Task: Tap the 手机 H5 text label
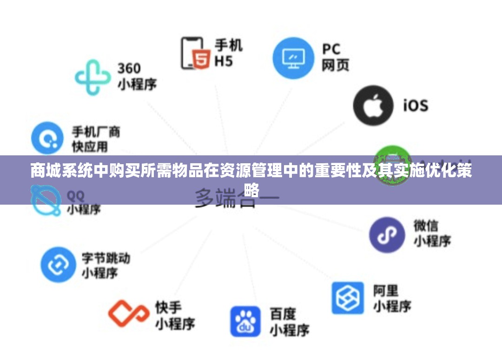(x=228, y=53)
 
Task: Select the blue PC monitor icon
(x=293, y=58)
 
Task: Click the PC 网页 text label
(x=335, y=58)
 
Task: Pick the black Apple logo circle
(x=372, y=105)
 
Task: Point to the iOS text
(x=415, y=105)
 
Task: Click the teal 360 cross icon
(x=93, y=77)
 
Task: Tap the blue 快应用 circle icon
(x=47, y=138)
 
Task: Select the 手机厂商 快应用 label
(x=96, y=139)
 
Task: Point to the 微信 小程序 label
(x=432, y=233)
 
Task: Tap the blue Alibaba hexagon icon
(x=347, y=298)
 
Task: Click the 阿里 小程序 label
(x=392, y=299)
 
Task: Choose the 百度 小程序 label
(x=290, y=321)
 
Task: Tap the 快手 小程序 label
(x=174, y=315)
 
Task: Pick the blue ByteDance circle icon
(x=58, y=265)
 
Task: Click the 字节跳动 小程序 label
(x=106, y=265)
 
